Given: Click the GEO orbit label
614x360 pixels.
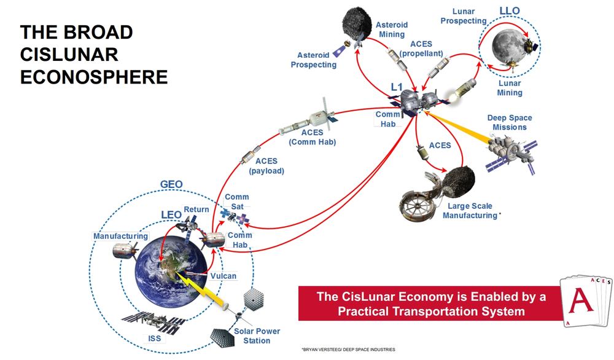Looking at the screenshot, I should pos(171,184).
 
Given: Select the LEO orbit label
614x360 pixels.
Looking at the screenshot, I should pos(171,214).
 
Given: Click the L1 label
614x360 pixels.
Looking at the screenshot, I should pos(397,88).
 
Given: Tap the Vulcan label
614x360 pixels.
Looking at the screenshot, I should pos(223,276).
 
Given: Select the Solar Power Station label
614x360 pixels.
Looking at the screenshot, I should pos(257,335).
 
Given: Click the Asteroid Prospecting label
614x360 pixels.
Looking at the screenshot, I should pos(313,60).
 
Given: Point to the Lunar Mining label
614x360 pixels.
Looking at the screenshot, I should pos(510,88).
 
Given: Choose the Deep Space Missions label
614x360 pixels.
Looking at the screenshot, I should pos(509,122).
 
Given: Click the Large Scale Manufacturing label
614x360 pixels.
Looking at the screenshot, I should pos(471,211).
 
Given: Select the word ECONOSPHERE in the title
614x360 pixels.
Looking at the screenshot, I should pos(94,76).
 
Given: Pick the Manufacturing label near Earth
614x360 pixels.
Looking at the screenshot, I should pos(120,237).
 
